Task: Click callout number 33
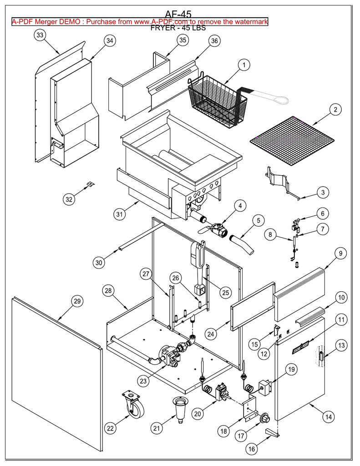[40, 35]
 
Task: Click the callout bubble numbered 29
[77, 301]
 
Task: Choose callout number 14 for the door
[328, 416]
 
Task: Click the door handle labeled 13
[321, 358]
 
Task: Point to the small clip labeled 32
[91, 184]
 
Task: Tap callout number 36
[214, 41]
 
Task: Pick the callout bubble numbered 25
[226, 293]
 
